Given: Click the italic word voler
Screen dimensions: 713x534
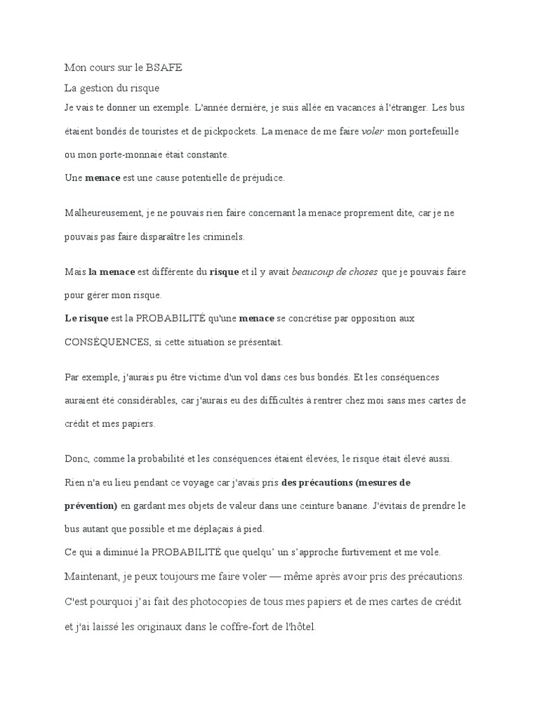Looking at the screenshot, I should tap(373, 131).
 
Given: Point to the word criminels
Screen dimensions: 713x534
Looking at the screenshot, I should tap(222, 237).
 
